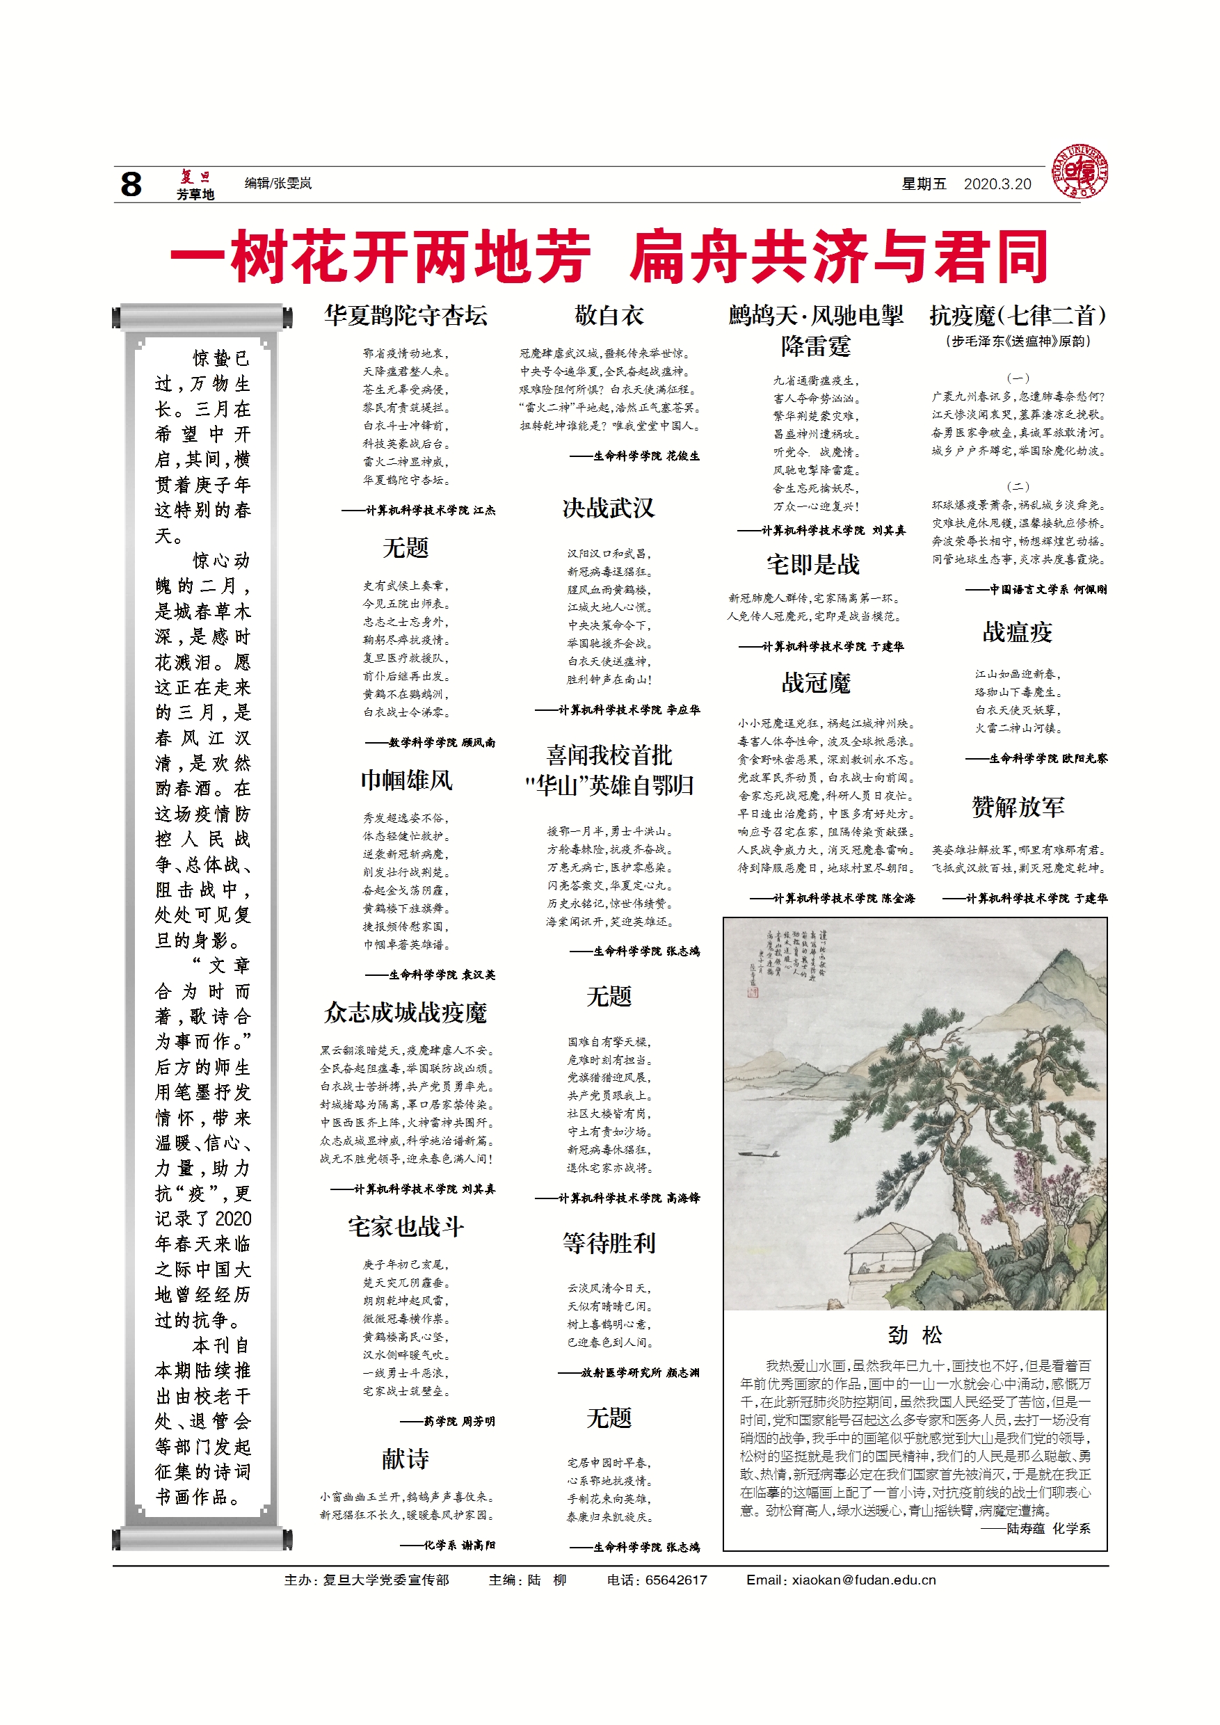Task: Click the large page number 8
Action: click(x=131, y=184)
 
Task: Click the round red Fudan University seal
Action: click(x=1079, y=172)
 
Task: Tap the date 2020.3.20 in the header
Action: click(x=997, y=184)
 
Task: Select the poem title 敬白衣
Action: click(x=609, y=316)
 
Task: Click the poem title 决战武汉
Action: click(x=609, y=508)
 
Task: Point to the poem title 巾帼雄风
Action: click(x=406, y=780)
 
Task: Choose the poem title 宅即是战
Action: click(x=813, y=564)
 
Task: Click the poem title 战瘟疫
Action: click(x=1017, y=632)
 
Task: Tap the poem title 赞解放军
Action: click(x=1018, y=807)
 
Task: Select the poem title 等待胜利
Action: click(x=609, y=1244)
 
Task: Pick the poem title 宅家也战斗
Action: click(x=406, y=1227)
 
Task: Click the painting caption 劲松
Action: click(x=914, y=1335)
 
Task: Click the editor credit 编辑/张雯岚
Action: click(x=278, y=184)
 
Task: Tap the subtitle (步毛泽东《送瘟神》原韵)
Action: click(x=1017, y=341)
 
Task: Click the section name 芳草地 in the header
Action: click(x=195, y=195)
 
